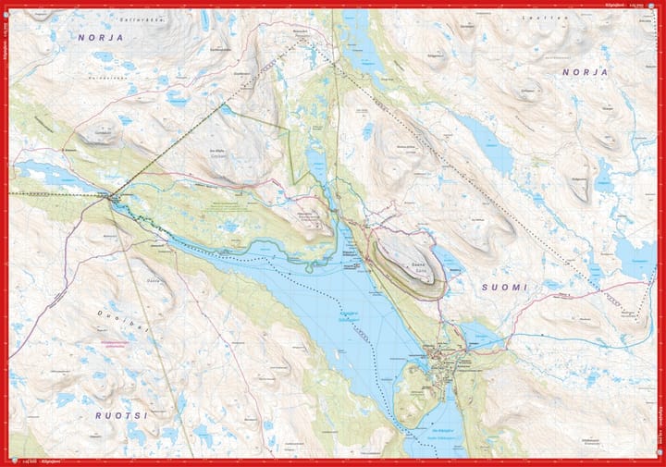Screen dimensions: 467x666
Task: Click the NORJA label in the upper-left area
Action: coord(101,38)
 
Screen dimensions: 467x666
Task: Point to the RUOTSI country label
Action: coord(121,415)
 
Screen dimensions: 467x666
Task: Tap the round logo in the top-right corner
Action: coord(659,6)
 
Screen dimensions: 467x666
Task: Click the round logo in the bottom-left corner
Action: coord(6,461)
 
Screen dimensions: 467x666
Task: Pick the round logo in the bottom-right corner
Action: coord(659,461)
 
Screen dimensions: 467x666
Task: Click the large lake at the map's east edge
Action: coord(634,254)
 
